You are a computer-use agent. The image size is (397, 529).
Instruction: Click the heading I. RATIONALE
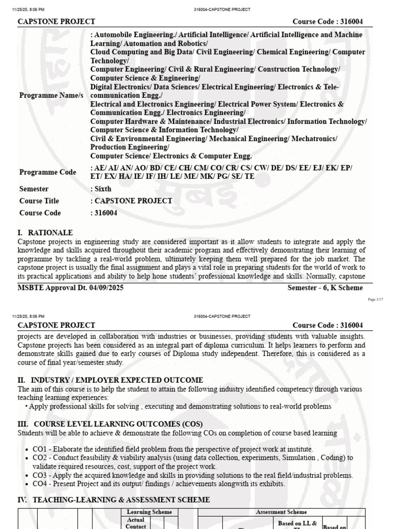coord(45,233)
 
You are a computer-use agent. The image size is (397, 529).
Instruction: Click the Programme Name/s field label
coord(51,96)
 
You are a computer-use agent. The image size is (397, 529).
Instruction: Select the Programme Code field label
coord(48,172)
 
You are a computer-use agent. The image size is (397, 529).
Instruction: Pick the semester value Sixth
coord(102,189)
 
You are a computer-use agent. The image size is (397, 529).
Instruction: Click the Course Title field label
coord(39,201)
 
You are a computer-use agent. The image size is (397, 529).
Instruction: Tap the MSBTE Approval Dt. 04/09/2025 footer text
coord(71,288)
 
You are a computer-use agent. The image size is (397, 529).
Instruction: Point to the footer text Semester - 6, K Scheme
coord(325,288)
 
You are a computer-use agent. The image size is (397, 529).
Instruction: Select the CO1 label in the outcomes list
coord(41,449)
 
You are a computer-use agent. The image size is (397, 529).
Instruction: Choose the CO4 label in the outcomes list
coord(41,484)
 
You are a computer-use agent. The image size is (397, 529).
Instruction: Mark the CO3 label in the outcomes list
coord(41,475)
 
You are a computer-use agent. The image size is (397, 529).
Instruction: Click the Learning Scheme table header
coord(149,512)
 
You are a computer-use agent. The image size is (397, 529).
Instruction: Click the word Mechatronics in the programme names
coord(314,139)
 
